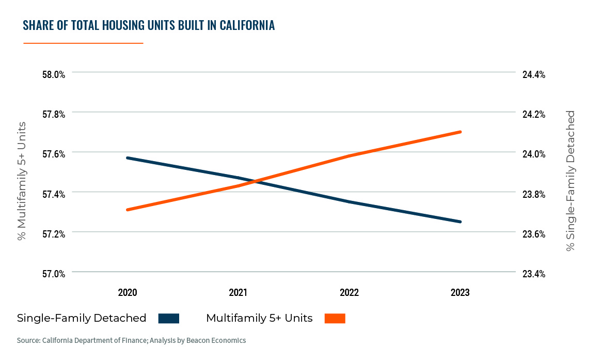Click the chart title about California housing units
click(149, 25)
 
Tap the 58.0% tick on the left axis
click(54, 74)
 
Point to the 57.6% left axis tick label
click(54, 154)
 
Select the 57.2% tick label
click(54, 234)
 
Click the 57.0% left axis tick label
click(54, 274)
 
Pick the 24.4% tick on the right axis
click(534, 74)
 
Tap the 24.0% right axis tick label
click(534, 154)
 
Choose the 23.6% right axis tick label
click(534, 234)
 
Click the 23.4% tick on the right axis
click(534, 274)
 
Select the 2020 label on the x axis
click(127, 293)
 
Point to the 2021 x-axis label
click(238, 293)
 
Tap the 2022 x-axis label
click(349, 293)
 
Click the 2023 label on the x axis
click(460, 293)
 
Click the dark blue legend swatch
click(169, 318)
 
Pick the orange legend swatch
click(335, 318)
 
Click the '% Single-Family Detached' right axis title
click(570, 181)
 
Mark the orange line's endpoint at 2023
click(460, 132)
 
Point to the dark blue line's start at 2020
click(128, 158)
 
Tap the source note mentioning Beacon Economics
click(131, 341)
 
